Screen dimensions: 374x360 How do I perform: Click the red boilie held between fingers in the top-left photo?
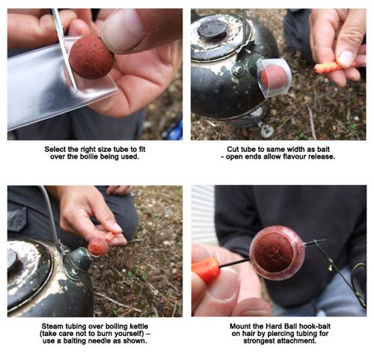pos(91,58)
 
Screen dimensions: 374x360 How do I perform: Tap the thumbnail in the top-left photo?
pos(122,31)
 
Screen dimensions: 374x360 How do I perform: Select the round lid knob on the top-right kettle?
pos(212,28)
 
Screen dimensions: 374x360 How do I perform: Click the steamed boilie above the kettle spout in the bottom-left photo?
pos(98,247)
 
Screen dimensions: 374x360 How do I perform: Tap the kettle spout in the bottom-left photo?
pos(78,260)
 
